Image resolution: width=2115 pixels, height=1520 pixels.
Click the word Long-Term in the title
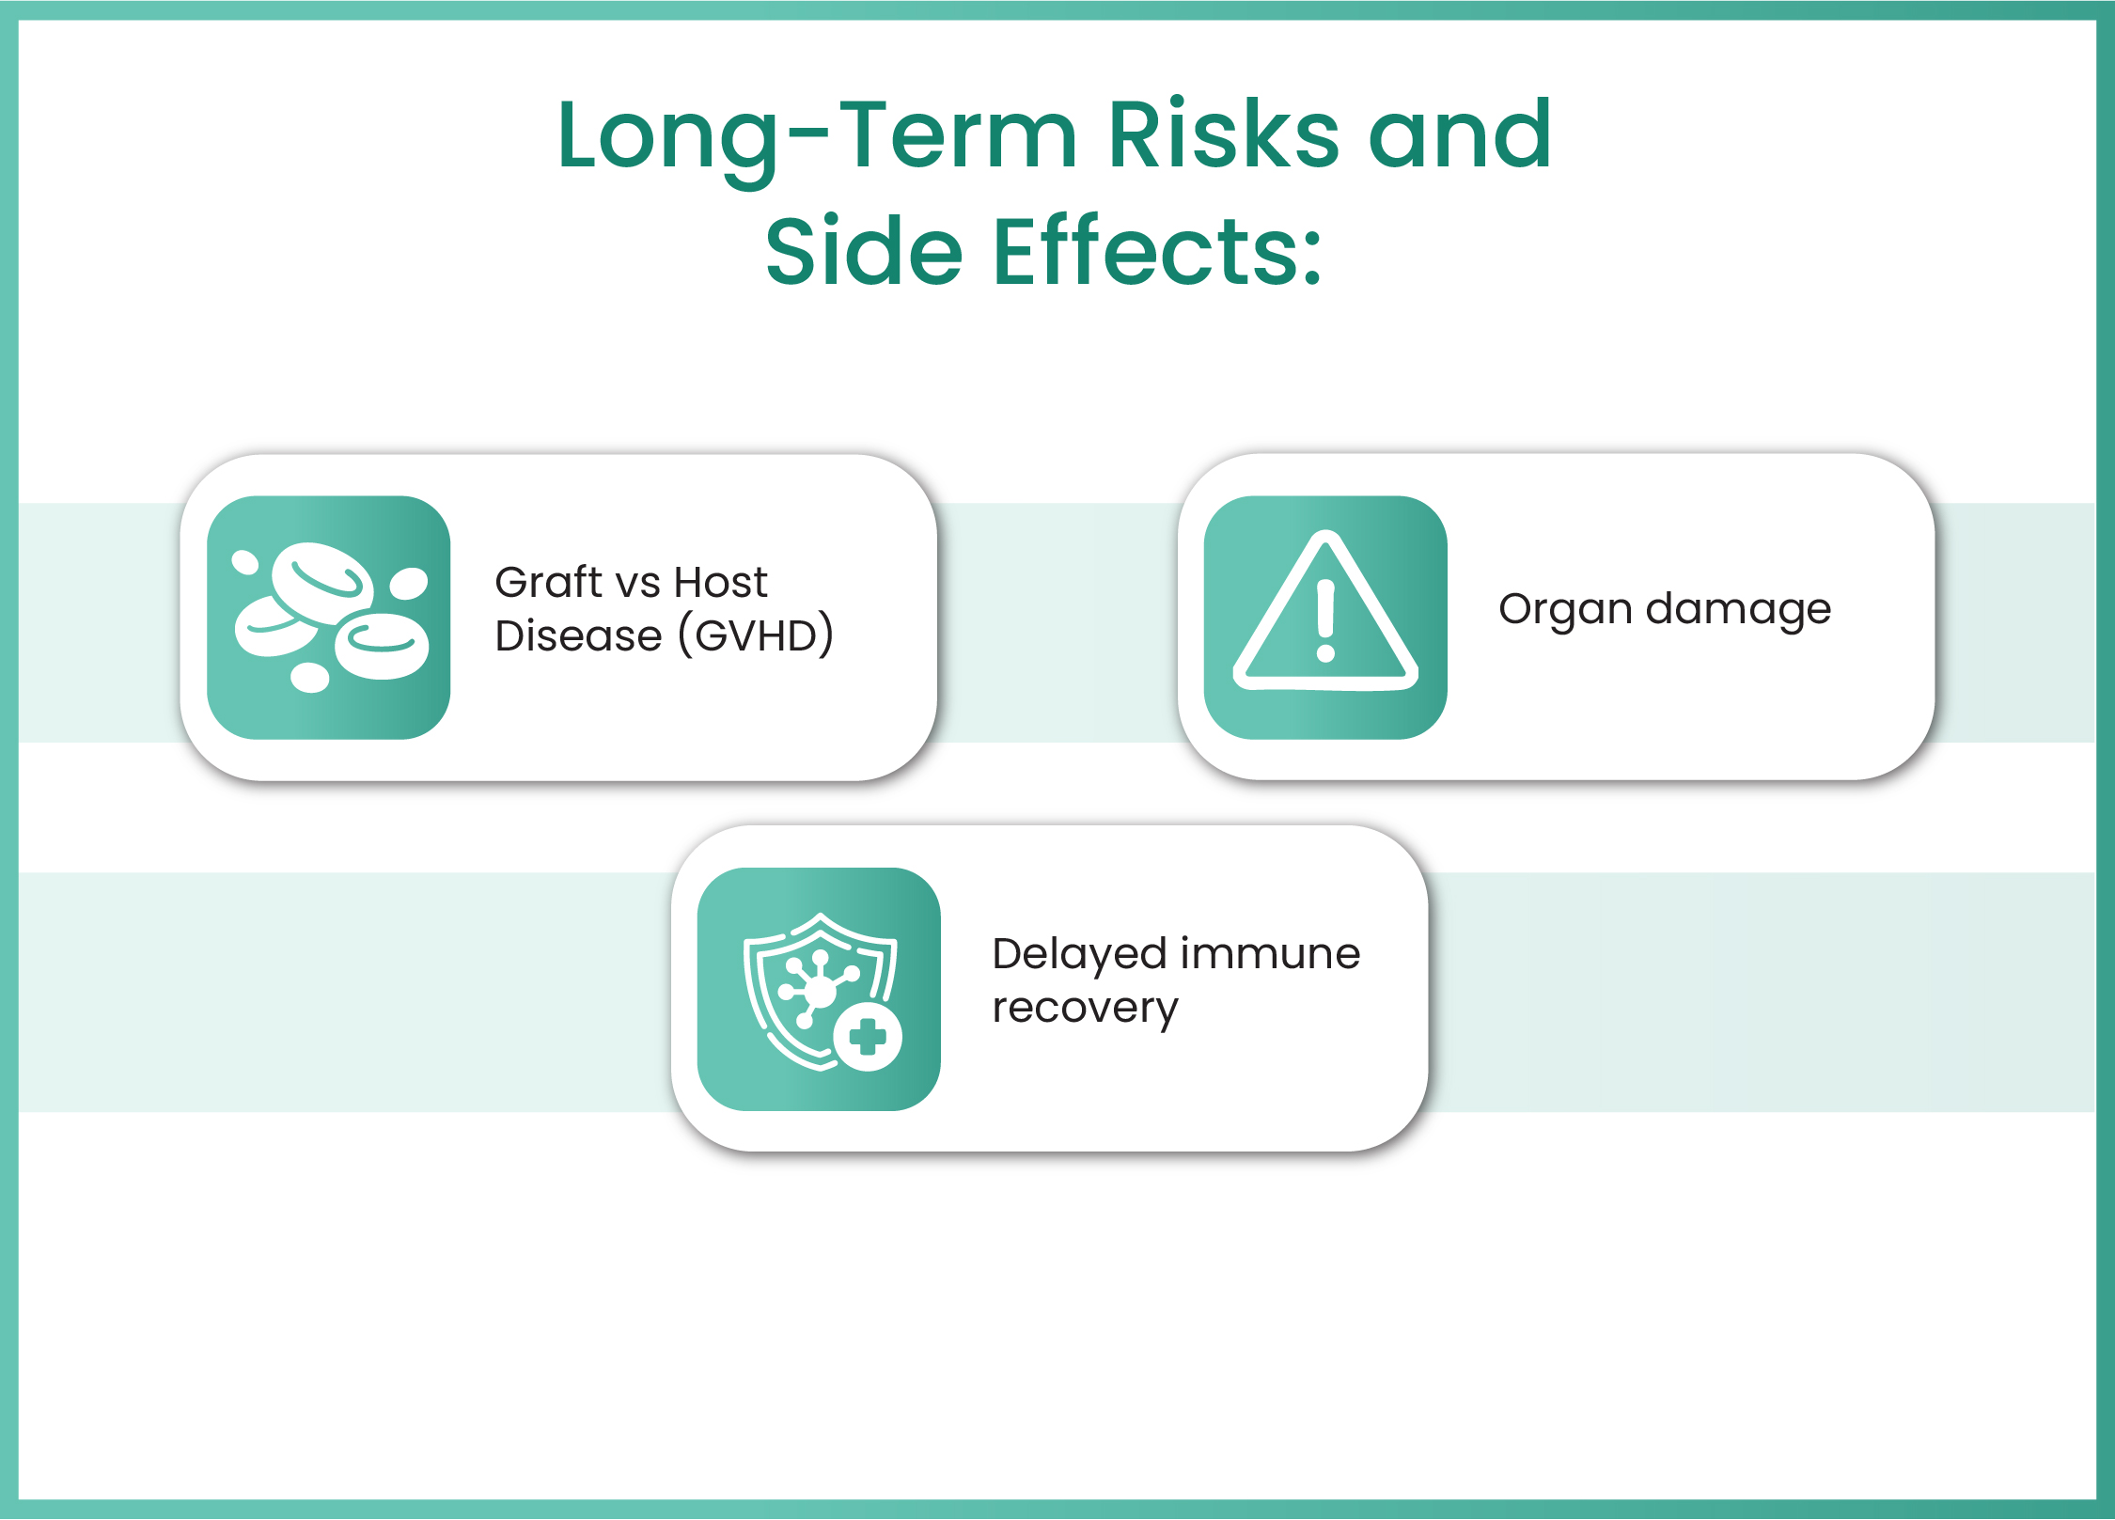point(815,136)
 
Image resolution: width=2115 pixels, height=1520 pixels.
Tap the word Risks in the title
point(1223,136)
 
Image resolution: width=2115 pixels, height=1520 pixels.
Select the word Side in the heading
point(863,252)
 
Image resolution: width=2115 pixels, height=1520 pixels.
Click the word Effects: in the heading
point(1157,252)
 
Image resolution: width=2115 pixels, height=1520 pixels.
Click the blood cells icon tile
point(328,618)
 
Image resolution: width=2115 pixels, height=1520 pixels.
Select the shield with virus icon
point(819,989)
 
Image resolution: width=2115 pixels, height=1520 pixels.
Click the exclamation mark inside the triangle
point(1325,620)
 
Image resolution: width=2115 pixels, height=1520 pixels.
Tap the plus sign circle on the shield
point(867,1038)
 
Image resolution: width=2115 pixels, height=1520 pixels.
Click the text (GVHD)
point(756,636)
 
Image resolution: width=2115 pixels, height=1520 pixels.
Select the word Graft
point(548,583)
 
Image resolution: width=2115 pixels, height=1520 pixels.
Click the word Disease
point(578,636)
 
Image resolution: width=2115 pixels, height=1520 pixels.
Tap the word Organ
point(1564,610)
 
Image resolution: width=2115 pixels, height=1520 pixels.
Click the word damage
point(1738,610)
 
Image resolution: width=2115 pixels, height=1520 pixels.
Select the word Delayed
point(1080,955)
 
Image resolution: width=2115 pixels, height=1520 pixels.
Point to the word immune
point(1274,954)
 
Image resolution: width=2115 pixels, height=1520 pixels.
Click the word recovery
point(1085,1009)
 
